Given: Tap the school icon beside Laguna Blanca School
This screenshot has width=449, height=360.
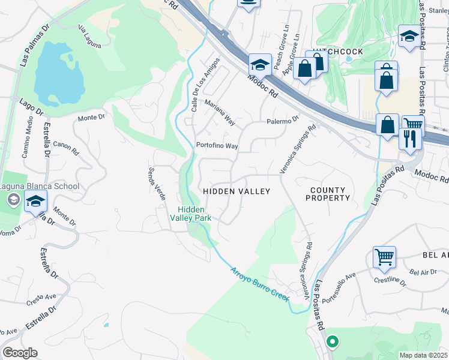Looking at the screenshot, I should coord(35,203).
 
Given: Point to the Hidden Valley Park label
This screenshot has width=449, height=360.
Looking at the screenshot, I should coord(193,214).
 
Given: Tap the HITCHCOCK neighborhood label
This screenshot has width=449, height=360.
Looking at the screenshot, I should coord(337,52).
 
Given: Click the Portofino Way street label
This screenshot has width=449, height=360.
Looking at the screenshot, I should coord(217,146).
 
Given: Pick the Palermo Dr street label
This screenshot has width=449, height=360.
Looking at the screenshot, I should coord(283,121).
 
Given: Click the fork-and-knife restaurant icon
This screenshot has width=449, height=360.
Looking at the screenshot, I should coord(409,139).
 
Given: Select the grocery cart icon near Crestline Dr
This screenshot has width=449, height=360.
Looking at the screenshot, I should coord(384,257).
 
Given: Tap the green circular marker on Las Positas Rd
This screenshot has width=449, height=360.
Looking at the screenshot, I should coord(332,342).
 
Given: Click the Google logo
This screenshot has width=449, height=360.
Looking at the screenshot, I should coord(20,353).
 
